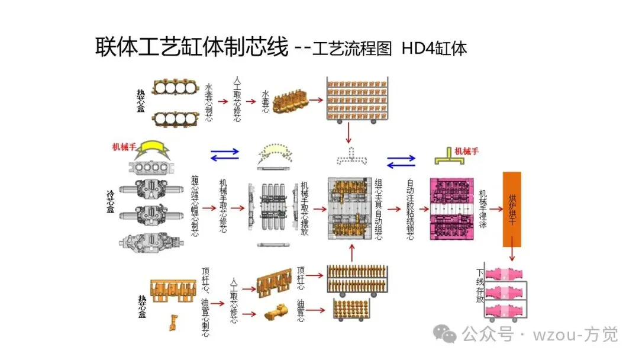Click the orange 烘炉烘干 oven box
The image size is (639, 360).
coord(512,209)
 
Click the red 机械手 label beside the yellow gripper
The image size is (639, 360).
coord(125,146)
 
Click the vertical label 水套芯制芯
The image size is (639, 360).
coord(208,102)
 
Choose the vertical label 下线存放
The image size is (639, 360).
coord(480,286)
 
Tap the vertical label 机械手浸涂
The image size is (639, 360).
coord(483,209)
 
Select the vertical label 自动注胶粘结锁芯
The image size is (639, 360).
coord(411,209)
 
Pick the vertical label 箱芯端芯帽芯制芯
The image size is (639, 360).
coord(195,206)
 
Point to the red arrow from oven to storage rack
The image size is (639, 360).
coord(512,255)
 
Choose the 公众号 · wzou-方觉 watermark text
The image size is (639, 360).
coord(540,335)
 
